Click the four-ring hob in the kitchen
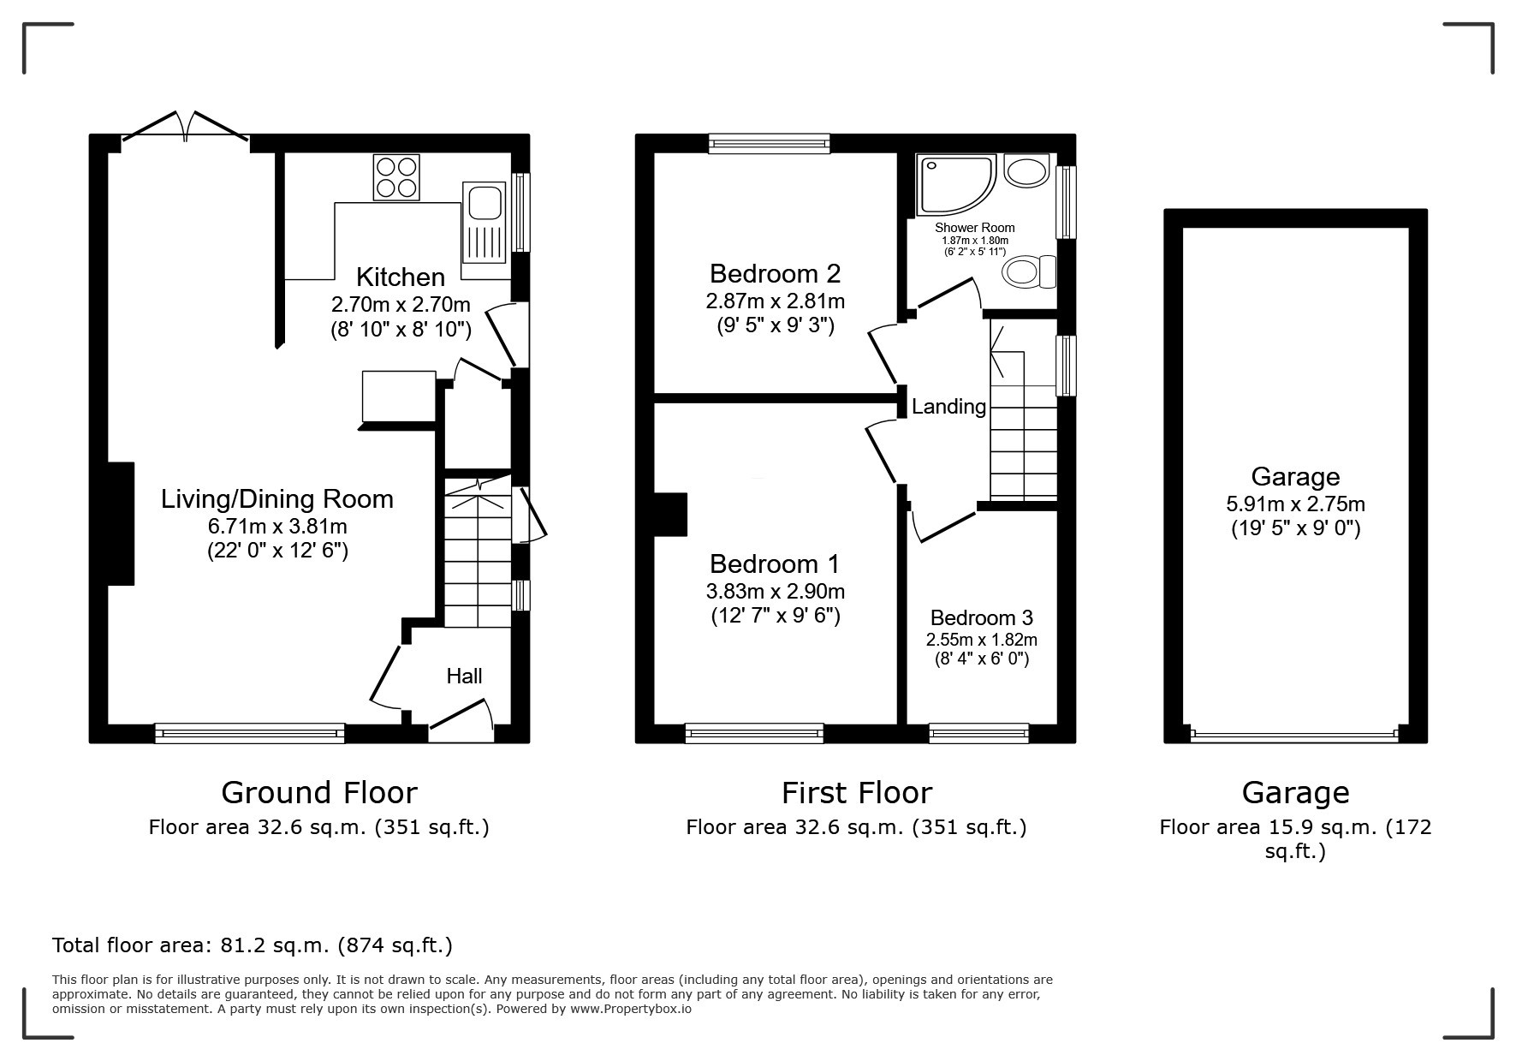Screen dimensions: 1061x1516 pyautogui.click(x=396, y=177)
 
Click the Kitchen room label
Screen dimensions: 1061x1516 pyautogui.click(x=400, y=277)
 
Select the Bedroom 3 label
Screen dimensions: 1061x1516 pyautogui.click(x=981, y=617)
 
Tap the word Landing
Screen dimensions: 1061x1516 pyautogui.click(x=948, y=407)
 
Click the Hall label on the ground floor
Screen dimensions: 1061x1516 pyautogui.click(x=464, y=677)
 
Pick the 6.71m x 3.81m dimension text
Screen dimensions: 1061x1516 pyautogui.click(x=277, y=526)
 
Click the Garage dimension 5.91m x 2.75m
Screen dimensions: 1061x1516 pyautogui.click(x=1295, y=504)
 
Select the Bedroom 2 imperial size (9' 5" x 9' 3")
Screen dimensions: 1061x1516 pyautogui.click(x=775, y=325)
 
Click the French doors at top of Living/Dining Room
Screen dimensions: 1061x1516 pyautogui.click(x=186, y=127)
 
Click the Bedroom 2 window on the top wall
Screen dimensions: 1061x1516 pyautogui.click(x=770, y=143)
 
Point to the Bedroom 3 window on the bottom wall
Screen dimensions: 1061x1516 pyautogui.click(x=978, y=733)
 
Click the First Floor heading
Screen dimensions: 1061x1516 pyautogui.click(x=856, y=793)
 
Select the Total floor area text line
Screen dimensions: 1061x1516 pyautogui.click(x=253, y=945)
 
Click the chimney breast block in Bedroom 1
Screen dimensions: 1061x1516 pyautogui.click(x=670, y=514)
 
